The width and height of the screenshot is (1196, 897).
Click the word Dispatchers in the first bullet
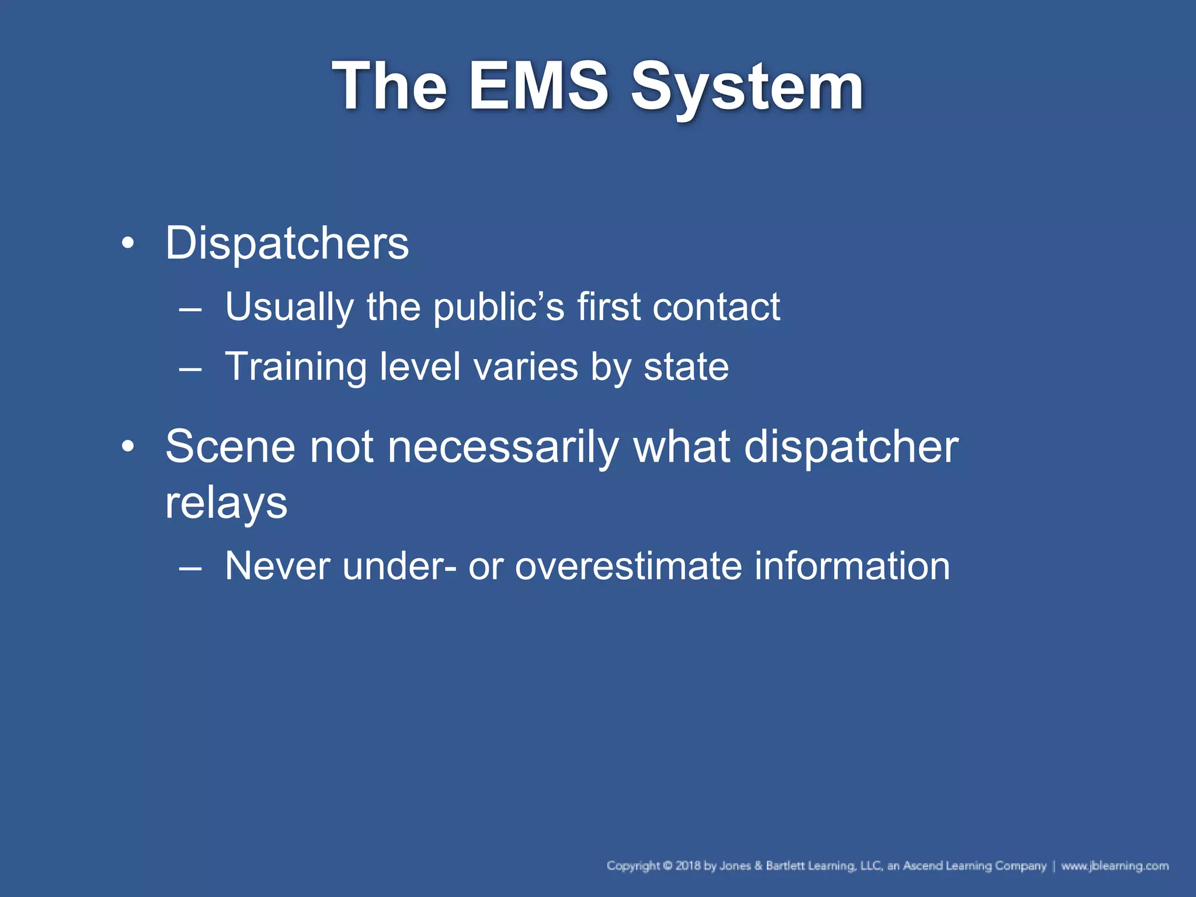tap(287, 243)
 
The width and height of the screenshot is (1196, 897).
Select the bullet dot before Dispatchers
tap(128, 243)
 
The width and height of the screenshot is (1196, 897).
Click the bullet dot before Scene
tap(128, 447)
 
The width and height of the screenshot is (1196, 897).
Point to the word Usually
tap(290, 307)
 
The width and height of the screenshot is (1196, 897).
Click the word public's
tap(499, 307)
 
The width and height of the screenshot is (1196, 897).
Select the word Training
tap(295, 367)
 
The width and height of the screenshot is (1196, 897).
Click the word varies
tap(525, 367)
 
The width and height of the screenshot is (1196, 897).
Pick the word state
tap(686, 367)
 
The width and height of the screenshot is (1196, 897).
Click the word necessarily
tap(503, 447)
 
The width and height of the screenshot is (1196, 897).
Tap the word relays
tap(226, 503)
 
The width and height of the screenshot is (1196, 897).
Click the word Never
tap(277, 566)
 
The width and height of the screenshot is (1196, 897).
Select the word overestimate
tap(628, 566)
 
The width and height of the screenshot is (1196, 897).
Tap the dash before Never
tap(190, 567)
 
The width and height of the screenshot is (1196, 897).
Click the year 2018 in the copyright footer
tap(688, 865)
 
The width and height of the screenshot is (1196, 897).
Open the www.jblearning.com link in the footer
tap(1115, 865)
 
